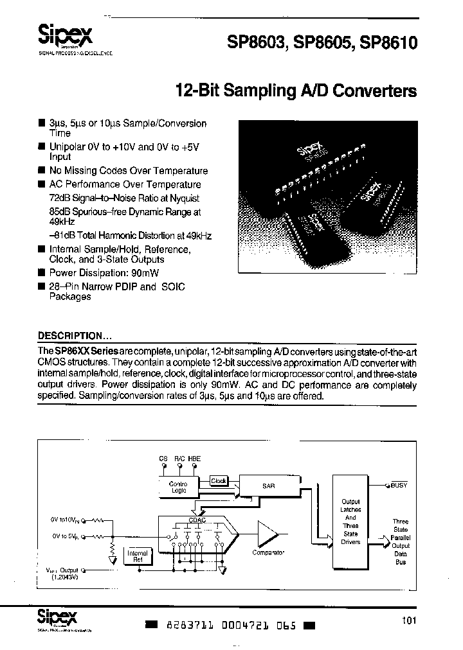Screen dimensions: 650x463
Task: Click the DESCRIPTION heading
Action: click(74, 335)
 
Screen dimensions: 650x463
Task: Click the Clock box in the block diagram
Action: click(219, 480)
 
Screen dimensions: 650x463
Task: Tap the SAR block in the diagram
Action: click(268, 486)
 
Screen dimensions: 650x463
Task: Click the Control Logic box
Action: click(177, 486)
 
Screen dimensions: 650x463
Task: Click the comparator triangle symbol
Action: click(267, 533)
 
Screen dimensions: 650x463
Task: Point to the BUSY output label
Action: click(399, 485)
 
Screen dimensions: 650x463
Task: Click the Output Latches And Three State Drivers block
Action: click(350, 522)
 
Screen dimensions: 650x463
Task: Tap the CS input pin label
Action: click(163, 459)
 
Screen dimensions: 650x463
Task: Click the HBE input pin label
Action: click(194, 459)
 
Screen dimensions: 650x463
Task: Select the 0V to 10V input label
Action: click(64, 518)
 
